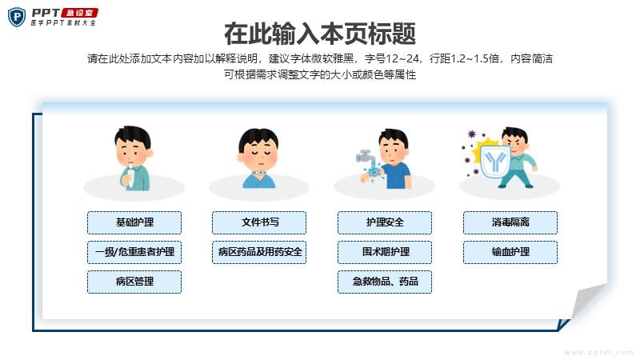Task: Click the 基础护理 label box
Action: pos(134,222)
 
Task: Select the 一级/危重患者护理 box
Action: pos(134,252)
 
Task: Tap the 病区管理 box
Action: pos(134,282)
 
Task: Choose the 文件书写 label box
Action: pos(259,222)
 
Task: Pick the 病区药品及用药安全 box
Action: pos(259,252)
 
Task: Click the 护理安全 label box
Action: pos(385,222)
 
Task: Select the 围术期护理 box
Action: pos(385,252)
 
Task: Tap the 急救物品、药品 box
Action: pos(385,282)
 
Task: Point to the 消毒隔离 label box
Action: pos(510,222)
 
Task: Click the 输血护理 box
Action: pos(510,252)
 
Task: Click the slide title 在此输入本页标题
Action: pos(320,34)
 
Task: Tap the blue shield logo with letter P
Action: pos(17,17)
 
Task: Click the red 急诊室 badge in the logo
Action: pos(79,13)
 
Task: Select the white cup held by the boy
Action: pos(130,178)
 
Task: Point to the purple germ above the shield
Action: pos(472,134)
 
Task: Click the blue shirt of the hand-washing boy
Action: pos(397,176)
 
